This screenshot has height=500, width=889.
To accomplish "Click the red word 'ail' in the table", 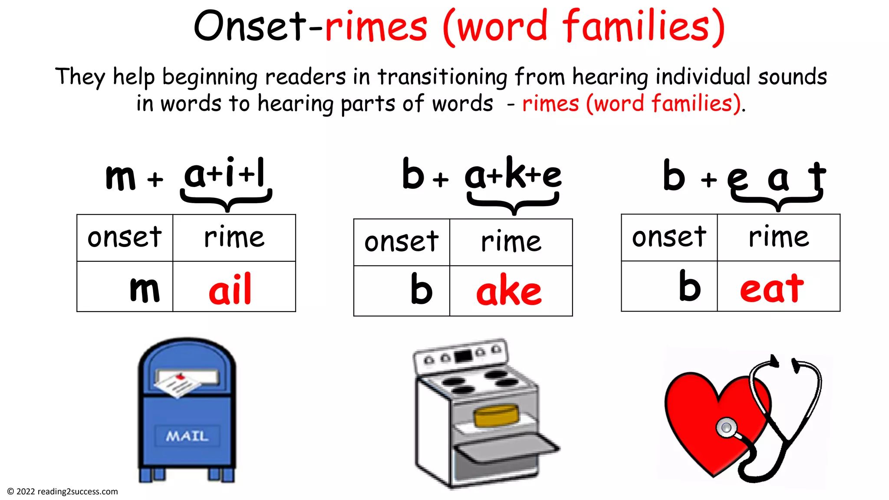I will [x=230, y=289].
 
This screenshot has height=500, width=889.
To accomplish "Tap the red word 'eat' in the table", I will [x=772, y=288].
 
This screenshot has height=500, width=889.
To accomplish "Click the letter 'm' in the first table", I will [x=145, y=289].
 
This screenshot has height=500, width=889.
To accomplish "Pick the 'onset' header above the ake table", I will [x=402, y=242].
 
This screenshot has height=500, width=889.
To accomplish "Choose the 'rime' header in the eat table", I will [x=779, y=237].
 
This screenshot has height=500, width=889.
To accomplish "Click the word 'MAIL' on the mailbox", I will [x=187, y=436].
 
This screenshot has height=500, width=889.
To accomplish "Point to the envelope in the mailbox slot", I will [x=178, y=383].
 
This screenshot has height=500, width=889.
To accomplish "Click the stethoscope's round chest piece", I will [x=726, y=428].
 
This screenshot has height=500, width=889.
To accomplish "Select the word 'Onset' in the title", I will [x=250, y=27].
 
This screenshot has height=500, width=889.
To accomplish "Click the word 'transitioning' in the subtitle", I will [x=442, y=77].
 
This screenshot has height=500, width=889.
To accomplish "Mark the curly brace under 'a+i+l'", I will [x=226, y=199].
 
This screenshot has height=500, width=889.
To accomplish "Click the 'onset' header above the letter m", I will [x=125, y=237].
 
